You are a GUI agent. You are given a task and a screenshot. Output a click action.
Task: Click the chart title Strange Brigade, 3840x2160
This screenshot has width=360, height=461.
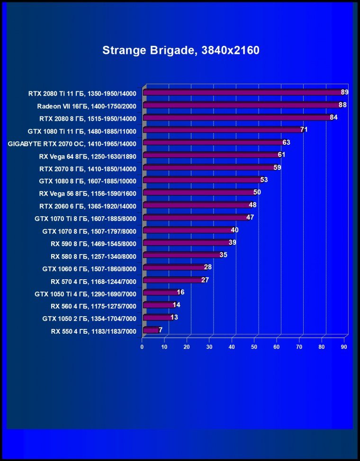180,50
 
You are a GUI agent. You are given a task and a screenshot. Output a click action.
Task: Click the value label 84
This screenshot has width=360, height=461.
333,117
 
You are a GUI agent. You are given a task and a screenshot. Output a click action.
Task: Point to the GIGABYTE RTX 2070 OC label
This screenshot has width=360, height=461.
72,143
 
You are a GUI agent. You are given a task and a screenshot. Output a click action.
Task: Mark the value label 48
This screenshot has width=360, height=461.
253,205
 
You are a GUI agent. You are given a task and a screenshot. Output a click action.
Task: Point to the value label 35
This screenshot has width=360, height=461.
224,255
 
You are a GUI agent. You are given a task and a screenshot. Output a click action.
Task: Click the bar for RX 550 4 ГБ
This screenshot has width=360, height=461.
151,330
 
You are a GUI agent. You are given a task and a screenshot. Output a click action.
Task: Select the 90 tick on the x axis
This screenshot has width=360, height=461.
344,347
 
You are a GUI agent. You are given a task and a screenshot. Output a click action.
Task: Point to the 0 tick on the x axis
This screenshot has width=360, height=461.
142,347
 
